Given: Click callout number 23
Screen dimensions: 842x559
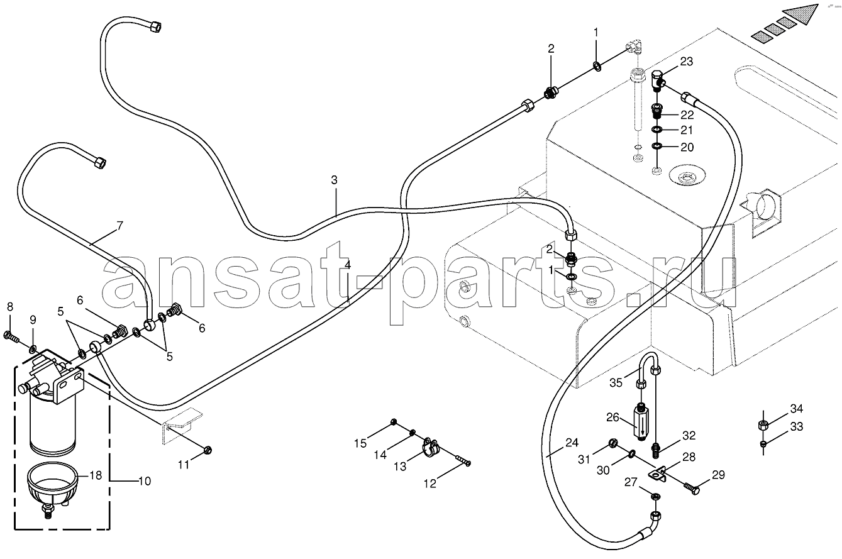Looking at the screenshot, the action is [x=687, y=61].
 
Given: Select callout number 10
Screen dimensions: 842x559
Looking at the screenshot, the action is [x=145, y=481].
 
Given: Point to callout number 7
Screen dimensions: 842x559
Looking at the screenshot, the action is [x=119, y=226].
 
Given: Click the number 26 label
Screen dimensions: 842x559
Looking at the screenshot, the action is [x=612, y=418].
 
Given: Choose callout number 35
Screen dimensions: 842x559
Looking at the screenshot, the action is [x=616, y=383].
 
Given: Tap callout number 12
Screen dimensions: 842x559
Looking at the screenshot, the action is [x=429, y=484].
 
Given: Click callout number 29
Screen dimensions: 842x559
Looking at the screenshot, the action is [x=718, y=475].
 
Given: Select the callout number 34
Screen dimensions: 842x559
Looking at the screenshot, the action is [x=797, y=408].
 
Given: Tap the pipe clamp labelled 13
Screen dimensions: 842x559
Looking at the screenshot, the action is [x=431, y=447].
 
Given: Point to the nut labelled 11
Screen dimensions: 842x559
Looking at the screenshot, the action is [x=207, y=450].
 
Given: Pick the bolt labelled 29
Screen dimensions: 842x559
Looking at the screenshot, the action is [x=691, y=489].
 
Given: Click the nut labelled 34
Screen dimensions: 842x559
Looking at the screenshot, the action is [x=763, y=426].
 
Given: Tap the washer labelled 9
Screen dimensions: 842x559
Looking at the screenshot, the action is [x=33, y=349].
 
